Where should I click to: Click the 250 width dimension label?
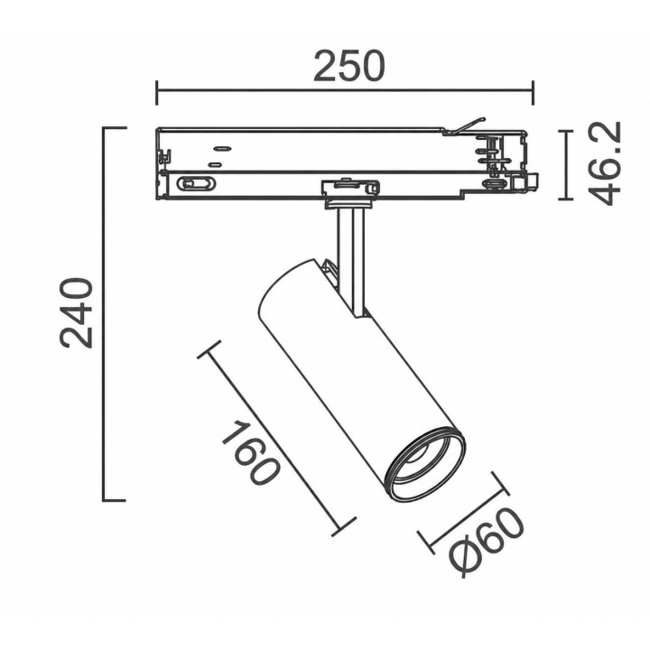click(x=349, y=66)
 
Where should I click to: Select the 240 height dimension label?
click(x=76, y=313)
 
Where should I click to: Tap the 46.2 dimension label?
click(x=604, y=163)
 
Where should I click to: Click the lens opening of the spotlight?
click(x=426, y=463)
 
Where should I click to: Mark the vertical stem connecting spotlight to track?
click(x=350, y=261)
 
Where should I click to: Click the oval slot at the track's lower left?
click(x=196, y=183)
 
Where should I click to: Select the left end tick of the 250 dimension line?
click(x=157, y=93)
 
